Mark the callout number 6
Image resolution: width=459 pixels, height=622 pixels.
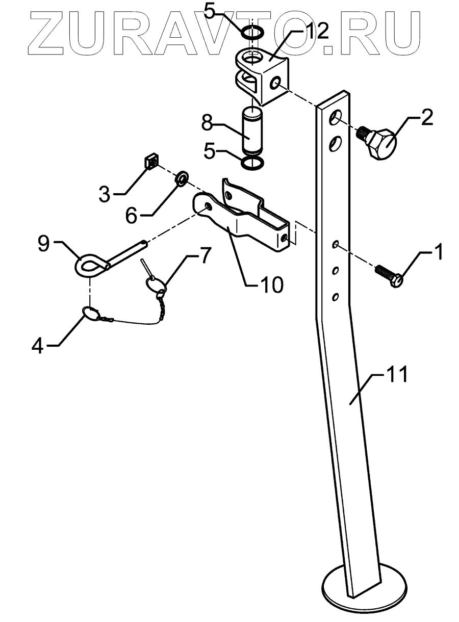coord(131,216)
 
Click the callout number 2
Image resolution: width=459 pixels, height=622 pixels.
coord(426,117)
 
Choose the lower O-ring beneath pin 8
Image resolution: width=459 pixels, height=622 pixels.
coord(252,164)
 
